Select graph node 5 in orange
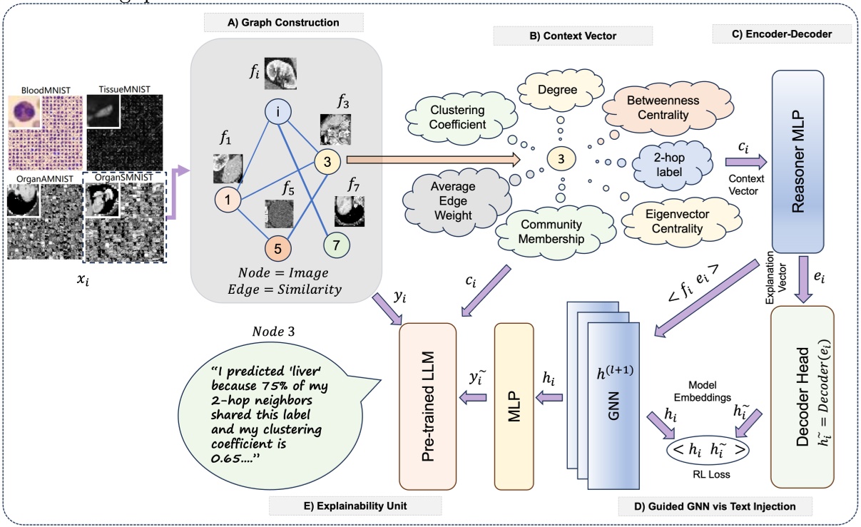pyautogui.click(x=279, y=251)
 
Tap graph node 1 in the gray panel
pyautogui.click(x=226, y=201)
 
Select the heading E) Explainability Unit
pyautogui.click(x=355, y=506)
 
